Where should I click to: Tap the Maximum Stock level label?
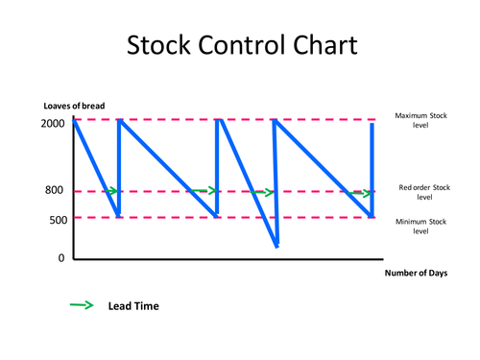click(420, 120)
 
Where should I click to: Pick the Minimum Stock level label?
click(420, 226)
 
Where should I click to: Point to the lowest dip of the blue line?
click(276, 247)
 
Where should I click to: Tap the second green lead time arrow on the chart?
click(204, 191)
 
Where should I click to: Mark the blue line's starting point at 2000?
click(75, 120)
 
